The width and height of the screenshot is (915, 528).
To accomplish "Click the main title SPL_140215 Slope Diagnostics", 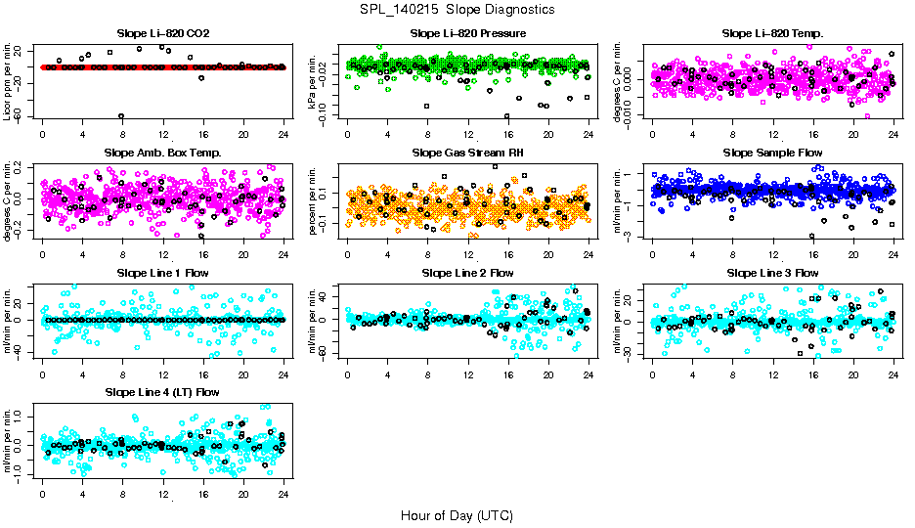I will pyautogui.click(x=457, y=9).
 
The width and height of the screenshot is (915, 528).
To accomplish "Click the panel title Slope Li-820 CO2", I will pyautogui.click(x=162, y=33).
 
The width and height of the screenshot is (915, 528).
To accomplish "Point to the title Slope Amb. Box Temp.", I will pyautogui.click(x=162, y=153).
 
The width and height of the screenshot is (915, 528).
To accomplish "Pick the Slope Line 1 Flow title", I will pyautogui.click(x=162, y=272).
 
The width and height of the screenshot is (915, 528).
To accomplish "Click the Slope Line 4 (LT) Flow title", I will pyautogui.click(x=162, y=391).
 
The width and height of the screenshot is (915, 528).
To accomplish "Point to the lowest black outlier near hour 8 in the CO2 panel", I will pyautogui.click(x=121, y=116).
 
